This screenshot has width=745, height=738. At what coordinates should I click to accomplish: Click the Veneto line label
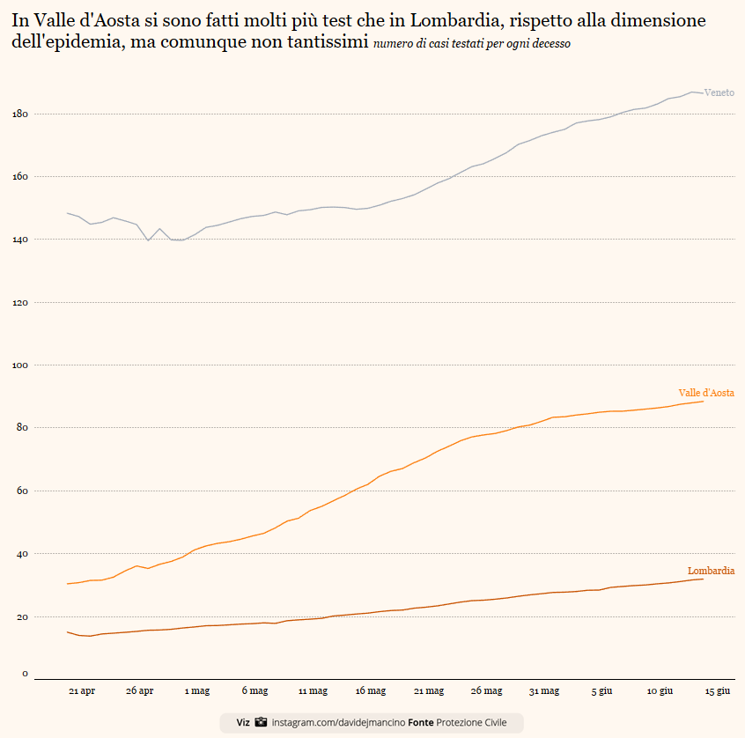pos(719,92)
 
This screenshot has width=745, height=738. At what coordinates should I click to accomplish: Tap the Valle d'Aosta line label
pos(706,393)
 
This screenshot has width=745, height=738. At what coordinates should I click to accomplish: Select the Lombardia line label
pos(711,571)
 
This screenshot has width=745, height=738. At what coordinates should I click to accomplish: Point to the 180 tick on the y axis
pos(21,114)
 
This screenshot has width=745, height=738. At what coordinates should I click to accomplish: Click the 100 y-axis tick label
pos(21,365)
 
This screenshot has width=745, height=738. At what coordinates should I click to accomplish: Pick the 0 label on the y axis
pos(25,674)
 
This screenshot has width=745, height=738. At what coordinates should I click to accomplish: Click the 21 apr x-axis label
pos(82,691)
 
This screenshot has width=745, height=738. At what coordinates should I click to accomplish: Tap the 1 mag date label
pos(197,691)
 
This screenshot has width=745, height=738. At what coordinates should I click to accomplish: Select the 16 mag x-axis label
pos(371,691)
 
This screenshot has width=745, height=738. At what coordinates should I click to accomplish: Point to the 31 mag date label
pos(544,691)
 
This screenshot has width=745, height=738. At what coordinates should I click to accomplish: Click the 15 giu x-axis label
pos(718,691)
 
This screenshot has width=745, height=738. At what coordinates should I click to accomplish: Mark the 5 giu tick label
pos(602,691)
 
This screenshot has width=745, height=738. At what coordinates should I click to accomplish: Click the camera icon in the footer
pos(261,722)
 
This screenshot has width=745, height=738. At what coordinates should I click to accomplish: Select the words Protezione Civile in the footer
pos(471,722)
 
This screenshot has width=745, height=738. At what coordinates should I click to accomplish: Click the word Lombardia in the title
pos(454,19)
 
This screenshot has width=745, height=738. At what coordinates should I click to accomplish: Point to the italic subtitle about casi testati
pos(472,44)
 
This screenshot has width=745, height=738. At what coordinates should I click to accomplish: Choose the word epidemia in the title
pos(83,43)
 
